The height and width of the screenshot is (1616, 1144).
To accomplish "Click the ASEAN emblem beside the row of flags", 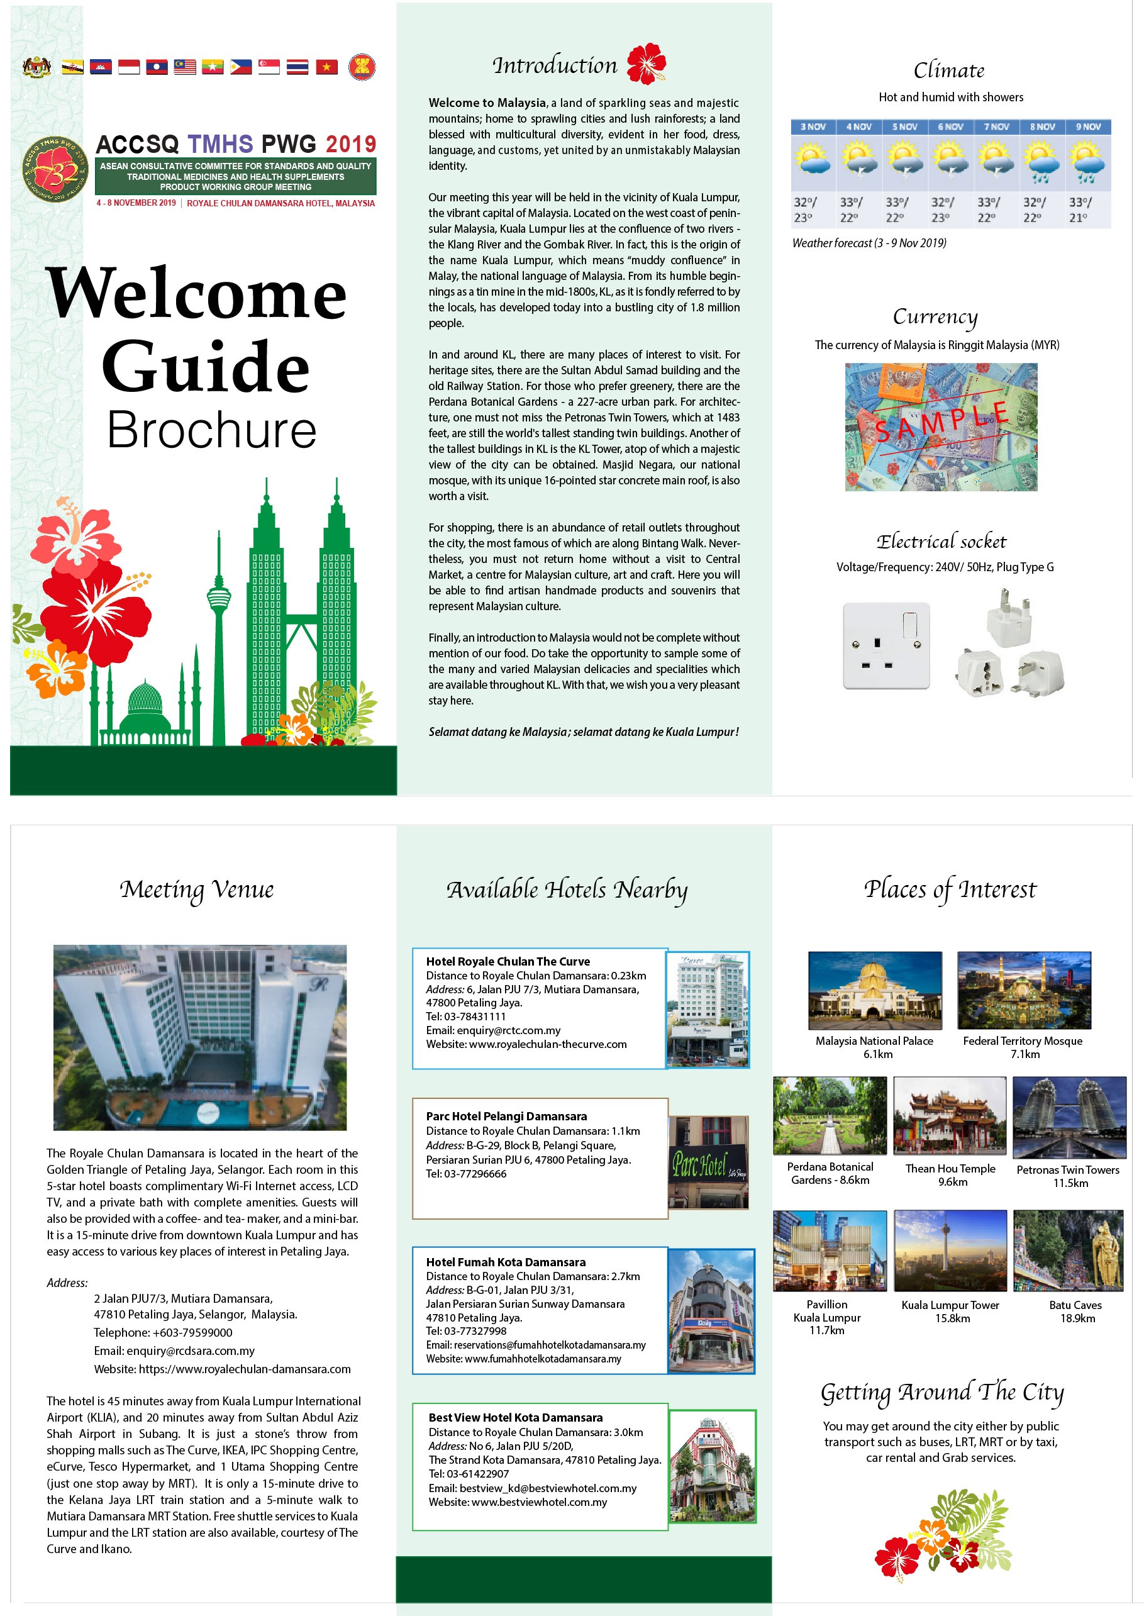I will [362, 67].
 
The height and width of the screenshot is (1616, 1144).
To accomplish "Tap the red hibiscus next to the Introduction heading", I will [646, 64].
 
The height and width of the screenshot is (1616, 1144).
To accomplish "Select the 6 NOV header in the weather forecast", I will [950, 127].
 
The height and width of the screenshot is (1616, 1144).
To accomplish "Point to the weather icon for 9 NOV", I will [1087, 161].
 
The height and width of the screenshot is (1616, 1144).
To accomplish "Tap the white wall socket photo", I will [886, 645].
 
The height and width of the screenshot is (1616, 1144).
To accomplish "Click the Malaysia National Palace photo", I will [875, 989].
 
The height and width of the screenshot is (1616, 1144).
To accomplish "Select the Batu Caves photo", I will [1068, 1251].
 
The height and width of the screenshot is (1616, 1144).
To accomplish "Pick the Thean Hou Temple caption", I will [950, 1169].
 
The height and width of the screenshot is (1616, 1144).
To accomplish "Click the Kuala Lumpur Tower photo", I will [950, 1251].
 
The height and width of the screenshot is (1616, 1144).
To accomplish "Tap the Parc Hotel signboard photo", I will [709, 1162].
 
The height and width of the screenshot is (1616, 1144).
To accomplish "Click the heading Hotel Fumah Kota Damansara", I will [506, 1262].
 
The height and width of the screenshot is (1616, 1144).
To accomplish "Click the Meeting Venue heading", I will [197, 889].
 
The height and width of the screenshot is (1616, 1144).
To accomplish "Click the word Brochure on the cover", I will [211, 430].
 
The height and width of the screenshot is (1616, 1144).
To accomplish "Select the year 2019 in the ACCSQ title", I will [350, 145].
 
